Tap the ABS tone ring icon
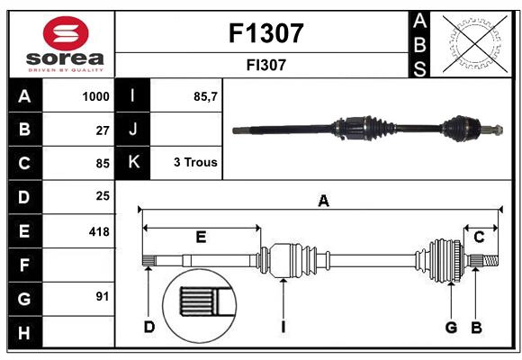coord(471,42)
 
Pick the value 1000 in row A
coord(95,96)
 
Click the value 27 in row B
coord(102,130)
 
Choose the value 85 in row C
coord(102,164)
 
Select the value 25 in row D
coord(102,196)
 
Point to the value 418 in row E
coord(98,231)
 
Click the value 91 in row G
coord(102,296)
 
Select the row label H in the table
coord(24,334)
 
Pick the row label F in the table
coord(24,265)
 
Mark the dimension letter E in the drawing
coord(201,237)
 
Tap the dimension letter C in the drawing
coord(480,237)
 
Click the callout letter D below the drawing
coord(148,327)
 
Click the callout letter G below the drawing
coord(450,327)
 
